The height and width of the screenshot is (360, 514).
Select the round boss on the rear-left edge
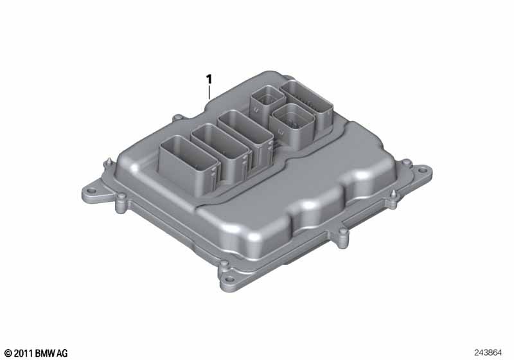click(176, 119)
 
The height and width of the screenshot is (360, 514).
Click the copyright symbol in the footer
click(8, 353)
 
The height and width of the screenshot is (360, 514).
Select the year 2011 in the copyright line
click(24, 353)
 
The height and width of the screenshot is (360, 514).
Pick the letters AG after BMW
click(62, 353)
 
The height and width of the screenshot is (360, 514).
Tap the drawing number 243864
click(490, 352)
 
